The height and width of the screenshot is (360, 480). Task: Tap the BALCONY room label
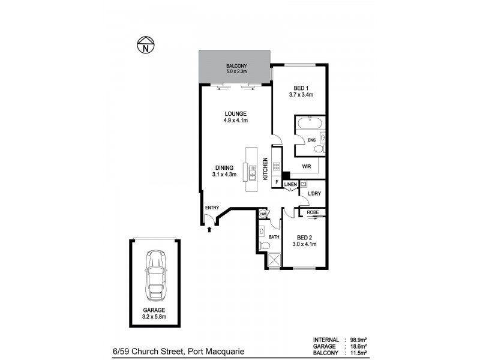pyautogui.click(x=236, y=65)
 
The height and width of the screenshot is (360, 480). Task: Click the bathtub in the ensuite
pyautogui.click(x=310, y=124)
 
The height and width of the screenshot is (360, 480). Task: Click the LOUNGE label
pyautogui.click(x=236, y=114)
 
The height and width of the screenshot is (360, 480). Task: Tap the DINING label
pyautogui.click(x=224, y=168)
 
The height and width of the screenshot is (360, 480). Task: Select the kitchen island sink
pyautogui.click(x=253, y=174)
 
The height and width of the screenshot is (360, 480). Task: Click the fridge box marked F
pyautogui.click(x=276, y=181)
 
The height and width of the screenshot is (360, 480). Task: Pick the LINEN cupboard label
pyautogui.click(x=290, y=184)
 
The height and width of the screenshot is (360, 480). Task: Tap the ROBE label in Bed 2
pyautogui.click(x=313, y=212)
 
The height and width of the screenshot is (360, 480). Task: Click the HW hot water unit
pyautogui.click(x=263, y=213)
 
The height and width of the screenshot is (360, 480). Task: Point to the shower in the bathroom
pyautogui.click(x=275, y=260)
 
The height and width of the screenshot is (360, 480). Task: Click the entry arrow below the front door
pyautogui.click(x=209, y=229)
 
